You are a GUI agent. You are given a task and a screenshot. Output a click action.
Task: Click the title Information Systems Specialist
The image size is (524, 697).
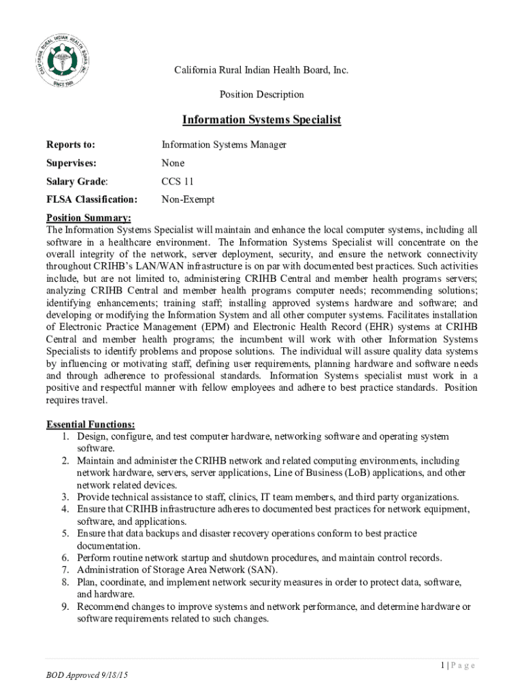pyautogui.click(x=261, y=120)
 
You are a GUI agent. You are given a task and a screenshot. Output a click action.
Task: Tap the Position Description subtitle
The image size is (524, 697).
pyautogui.click(x=261, y=95)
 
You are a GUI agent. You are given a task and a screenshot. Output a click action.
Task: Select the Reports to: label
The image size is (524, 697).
pyautogui.click(x=71, y=145)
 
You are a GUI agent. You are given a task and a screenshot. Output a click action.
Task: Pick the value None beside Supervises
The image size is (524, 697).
pyautogui.click(x=173, y=163)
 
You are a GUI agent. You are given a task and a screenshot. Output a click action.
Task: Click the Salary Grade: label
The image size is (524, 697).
pyautogui.click(x=77, y=182)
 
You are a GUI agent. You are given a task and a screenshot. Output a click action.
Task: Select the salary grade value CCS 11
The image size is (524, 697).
pyautogui.click(x=178, y=182)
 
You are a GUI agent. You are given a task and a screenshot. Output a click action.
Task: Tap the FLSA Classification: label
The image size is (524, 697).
pyautogui.click(x=92, y=200)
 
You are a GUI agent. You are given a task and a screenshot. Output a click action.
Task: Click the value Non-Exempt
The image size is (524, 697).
pyautogui.click(x=188, y=200)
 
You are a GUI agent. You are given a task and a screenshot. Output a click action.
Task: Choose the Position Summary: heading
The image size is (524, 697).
pyautogui.click(x=88, y=218)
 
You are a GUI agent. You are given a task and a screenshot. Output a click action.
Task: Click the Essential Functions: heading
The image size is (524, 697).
pyautogui.click(x=91, y=425)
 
